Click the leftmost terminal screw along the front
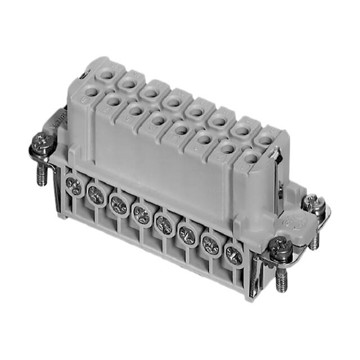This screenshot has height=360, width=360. (73, 183)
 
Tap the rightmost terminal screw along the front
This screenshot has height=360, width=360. (233, 255)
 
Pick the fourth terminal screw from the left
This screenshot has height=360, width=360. (141, 213)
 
